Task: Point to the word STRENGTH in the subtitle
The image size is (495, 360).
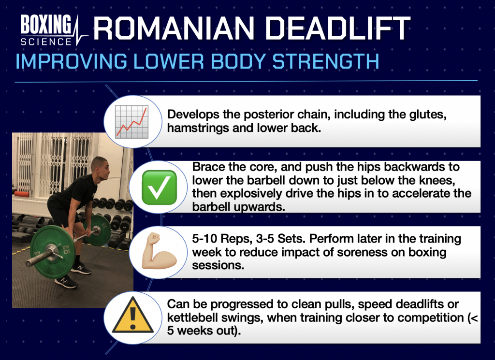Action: point(325,61)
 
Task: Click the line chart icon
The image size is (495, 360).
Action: point(131,122)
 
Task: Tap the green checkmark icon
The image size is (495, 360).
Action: point(159,187)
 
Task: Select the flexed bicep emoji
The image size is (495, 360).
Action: point(159,251)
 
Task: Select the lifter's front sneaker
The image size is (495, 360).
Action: point(66,281)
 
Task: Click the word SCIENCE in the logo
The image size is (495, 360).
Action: point(46,42)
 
